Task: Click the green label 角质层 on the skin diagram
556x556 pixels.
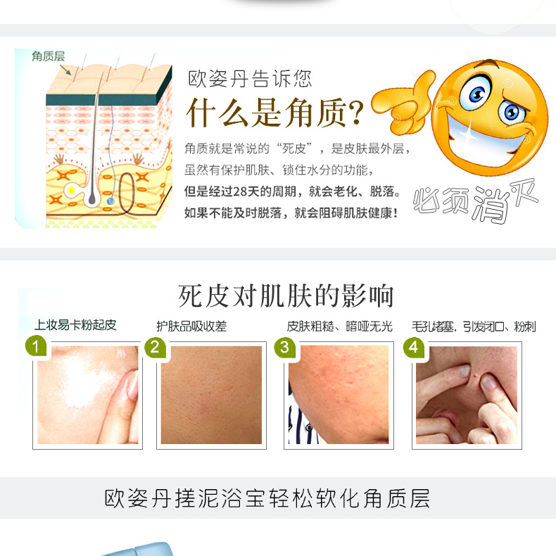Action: click(49, 56)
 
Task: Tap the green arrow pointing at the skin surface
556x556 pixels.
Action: click(65, 70)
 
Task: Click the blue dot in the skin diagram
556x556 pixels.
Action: click(110, 201)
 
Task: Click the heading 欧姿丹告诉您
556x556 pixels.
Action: click(250, 79)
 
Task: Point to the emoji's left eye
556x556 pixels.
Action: click(475, 93)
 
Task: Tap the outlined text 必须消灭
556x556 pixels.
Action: click(475, 201)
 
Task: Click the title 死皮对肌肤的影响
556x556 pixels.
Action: click(286, 296)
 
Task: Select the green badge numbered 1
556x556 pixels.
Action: click(36, 346)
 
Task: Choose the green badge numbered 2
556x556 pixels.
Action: click(155, 347)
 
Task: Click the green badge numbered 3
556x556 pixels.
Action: click(285, 347)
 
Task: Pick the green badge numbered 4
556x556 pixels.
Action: click(414, 347)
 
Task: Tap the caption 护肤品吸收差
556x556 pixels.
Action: click(191, 327)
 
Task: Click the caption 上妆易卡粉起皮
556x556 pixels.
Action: click(75, 325)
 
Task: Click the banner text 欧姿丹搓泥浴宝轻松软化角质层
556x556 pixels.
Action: click(267, 498)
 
